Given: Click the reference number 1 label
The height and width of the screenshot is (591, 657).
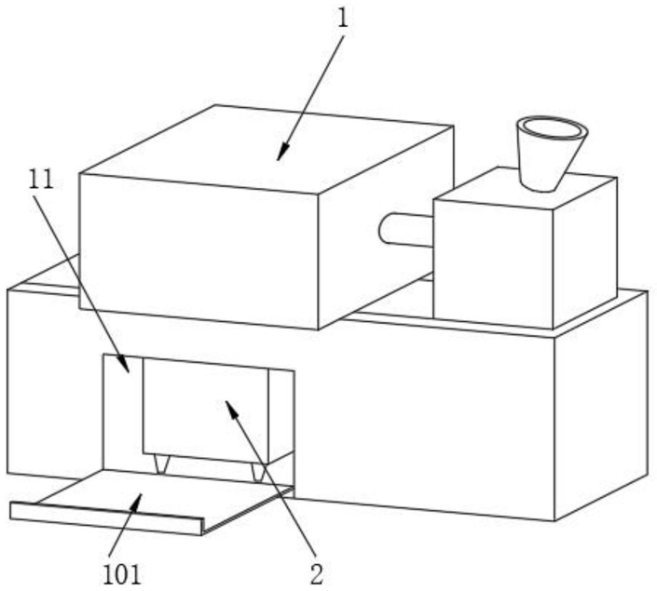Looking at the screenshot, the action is point(343,19).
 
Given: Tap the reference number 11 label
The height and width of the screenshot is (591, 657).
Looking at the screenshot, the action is point(41,180).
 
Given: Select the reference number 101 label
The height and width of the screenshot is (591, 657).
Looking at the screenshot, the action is point(122,574).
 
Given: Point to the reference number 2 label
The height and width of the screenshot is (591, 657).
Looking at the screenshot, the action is point(317,574).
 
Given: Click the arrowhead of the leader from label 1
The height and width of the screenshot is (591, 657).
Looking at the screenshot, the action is point(282,152).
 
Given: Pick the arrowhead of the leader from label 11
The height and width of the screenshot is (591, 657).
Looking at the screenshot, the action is point(125,364).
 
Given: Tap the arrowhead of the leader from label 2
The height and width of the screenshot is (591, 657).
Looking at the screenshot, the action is point(232,409).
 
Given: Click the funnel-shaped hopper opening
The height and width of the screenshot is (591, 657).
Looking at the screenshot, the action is point(552,128).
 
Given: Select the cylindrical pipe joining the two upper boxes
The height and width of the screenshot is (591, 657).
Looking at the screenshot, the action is point(405,229).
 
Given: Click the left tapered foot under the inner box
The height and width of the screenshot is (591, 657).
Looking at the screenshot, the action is point(160,464).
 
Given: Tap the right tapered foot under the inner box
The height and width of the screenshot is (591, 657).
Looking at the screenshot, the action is point(257,472).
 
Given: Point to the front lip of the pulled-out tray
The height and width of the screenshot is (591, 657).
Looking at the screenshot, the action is point(106,518).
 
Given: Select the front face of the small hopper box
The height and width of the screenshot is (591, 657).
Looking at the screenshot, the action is point(494,262).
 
